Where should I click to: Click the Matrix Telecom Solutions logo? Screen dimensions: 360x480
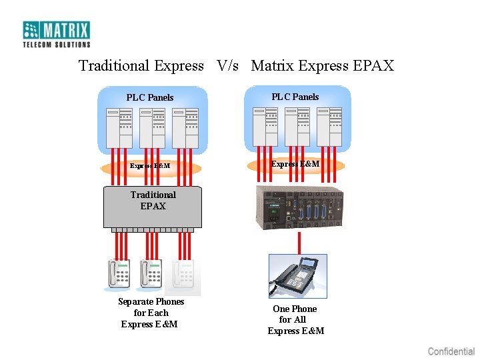click(x=57, y=33)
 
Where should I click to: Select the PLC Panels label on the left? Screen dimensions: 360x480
click(x=150, y=97)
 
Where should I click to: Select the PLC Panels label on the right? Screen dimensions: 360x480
click(x=295, y=97)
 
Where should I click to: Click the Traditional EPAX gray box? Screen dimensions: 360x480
click(x=153, y=207)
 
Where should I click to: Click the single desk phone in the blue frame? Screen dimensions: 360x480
click(x=298, y=275)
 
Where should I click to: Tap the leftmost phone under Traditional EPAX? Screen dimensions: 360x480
click(x=119, y=275)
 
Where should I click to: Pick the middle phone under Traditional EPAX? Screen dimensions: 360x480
click(x=151, y=275)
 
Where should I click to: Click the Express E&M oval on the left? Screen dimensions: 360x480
click(x=150, y=166)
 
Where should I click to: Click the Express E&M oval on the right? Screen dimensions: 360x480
click(x=295, y=164)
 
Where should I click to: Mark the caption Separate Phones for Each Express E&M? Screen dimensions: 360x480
click(x=151, y=313)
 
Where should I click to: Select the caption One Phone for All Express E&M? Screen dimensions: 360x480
click(x=295, y=320)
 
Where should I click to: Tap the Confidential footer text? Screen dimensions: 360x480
click(x=451, y=351)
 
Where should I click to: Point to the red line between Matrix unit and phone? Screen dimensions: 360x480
click(x=299, y=242)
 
